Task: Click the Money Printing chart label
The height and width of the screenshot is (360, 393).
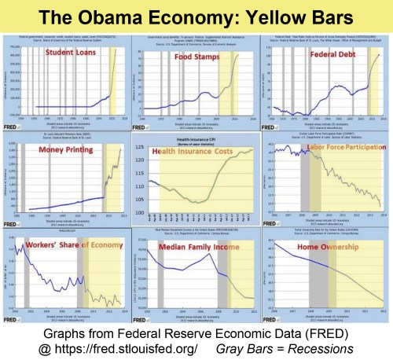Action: click(56, 152)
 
